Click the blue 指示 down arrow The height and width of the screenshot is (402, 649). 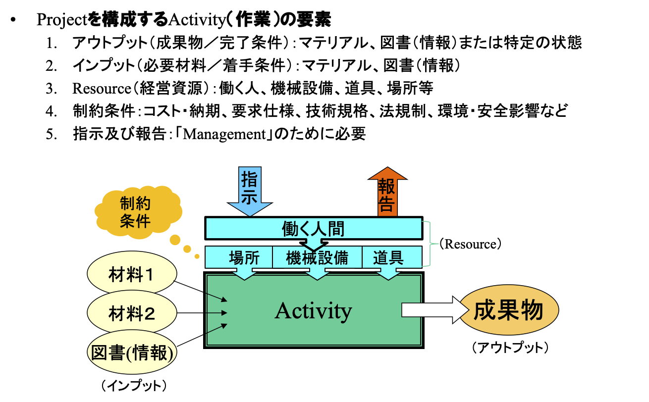(249, 191)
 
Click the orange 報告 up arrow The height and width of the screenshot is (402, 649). (387, 191)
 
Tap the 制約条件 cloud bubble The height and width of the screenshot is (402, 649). (135, 211)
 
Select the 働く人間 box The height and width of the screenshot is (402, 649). (313, 228)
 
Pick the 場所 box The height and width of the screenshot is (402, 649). (244, 257)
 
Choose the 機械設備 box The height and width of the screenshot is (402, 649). (317, 257)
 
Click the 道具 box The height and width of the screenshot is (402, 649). (388, 257)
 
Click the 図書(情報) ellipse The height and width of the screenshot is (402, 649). (132, 352)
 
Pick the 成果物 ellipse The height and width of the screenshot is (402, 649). (509, 311)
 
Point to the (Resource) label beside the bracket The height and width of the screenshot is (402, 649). (471, 244)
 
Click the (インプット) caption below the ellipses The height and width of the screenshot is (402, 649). (132, 385)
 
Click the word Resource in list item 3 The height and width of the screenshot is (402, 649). (101, 89)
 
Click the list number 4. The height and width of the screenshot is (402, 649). (52, 111)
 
